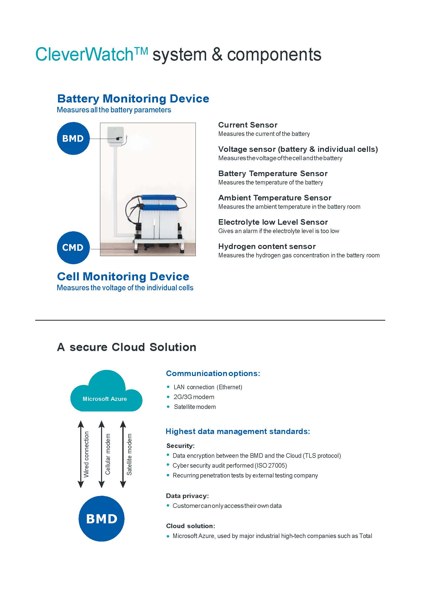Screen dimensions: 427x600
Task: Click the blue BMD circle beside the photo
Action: [73, 138]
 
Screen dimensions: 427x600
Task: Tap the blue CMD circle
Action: [73, 247]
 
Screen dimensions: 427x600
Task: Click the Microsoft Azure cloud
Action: [106, 391]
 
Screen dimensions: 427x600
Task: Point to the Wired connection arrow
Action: [81, 454]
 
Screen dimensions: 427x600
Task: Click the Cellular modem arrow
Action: [102, 454]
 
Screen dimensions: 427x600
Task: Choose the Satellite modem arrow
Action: [123, 454]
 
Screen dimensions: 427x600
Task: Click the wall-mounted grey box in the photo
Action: [116, 135]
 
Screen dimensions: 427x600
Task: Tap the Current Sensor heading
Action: [248, 125]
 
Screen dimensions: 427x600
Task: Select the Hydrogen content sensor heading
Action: [267, 246]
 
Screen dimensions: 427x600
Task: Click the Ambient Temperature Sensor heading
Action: [275, 198]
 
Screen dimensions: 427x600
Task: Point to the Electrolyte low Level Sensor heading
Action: [273, 222]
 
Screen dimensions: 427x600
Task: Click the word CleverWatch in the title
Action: [84, 55]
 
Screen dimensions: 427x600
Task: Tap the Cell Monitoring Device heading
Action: [123, 277]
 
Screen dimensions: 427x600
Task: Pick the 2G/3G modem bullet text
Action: [194, 397]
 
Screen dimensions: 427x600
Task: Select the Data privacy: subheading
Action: [187, 496]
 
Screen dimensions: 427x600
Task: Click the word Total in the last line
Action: [366, 536]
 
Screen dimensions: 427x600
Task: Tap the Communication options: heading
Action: [213, 374]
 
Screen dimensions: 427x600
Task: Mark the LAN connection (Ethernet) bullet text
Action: [208, 387]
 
